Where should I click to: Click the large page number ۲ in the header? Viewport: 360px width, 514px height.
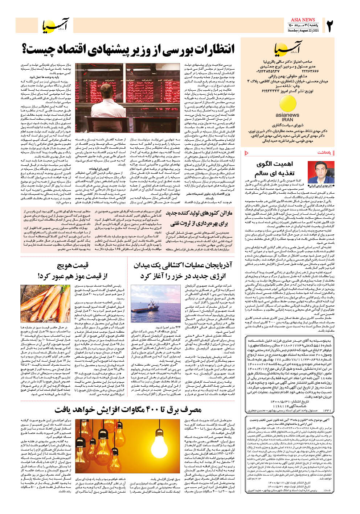pyautogui.click(x=330, y=26)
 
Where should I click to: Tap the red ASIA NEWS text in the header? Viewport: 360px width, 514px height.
pyautogui.click(x=303, y=20)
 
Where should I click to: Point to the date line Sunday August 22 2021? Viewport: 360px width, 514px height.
pyautogui.click(x=303, y=31)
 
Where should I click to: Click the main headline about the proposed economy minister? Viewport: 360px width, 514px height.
pyautogui.click(x=129, y=49)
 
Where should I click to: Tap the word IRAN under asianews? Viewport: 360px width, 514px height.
pyautogui.click(x=287, y=119)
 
